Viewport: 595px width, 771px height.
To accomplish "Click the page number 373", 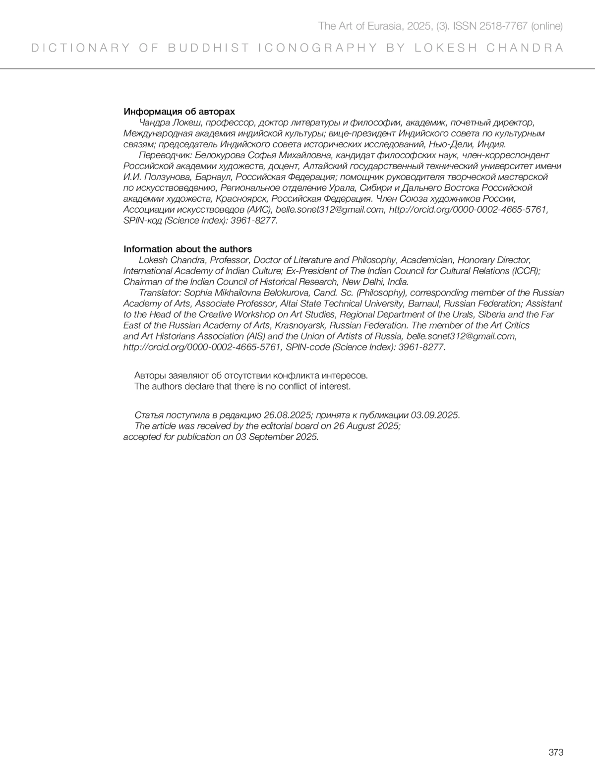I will click(556, 753).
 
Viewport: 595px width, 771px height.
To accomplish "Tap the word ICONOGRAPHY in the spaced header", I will click(317, 48).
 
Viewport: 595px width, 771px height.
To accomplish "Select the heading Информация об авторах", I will click(179, 112).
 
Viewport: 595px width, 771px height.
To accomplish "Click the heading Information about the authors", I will click(187, 249).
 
